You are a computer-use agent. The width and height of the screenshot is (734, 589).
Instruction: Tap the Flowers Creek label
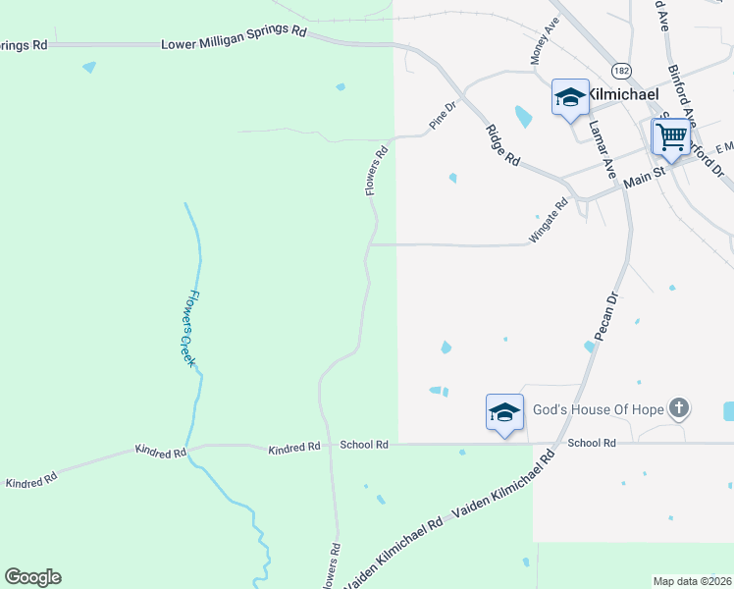click(x=185, y=329)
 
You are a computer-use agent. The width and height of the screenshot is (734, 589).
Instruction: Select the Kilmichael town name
click(x=625, y=95)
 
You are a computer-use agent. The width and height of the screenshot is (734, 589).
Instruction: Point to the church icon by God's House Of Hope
click(x=678, y=407)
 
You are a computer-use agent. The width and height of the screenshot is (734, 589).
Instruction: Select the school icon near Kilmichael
click(x=570, y=97)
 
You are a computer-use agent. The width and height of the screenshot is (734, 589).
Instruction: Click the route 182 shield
click(x=620, y=71)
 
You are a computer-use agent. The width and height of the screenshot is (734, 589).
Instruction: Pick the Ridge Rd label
click(x=501, y=144)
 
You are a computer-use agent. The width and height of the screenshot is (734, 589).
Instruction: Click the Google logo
click(x=32, y=576)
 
